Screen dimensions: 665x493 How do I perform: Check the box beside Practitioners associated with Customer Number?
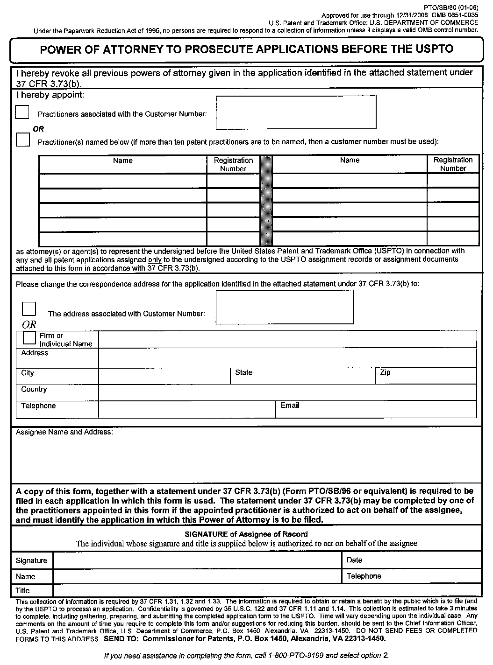(x=22, y=112)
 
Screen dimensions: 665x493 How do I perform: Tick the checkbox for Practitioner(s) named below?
(x=22, y=140)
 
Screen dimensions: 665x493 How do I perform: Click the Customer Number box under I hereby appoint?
(x=296, y=112)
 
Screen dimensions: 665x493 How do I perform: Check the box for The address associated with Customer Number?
(x=29, y=308)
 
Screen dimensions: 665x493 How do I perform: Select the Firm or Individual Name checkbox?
(x=29, y=338)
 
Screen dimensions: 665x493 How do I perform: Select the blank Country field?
(x=287, y=392)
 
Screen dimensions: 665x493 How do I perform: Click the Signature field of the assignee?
(x=197, y=560)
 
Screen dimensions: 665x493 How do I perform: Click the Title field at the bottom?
(x=266, y=590)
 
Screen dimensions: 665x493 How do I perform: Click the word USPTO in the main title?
(x=434, y=49)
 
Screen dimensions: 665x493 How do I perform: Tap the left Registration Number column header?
(x=233, y=164)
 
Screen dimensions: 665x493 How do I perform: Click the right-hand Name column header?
(x=350, y=160)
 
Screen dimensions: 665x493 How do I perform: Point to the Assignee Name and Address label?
(x=64, y=432)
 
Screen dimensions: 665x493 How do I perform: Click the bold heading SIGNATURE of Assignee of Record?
(x=246, y=534)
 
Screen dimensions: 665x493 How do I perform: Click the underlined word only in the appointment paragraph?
(x=155, y=259)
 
